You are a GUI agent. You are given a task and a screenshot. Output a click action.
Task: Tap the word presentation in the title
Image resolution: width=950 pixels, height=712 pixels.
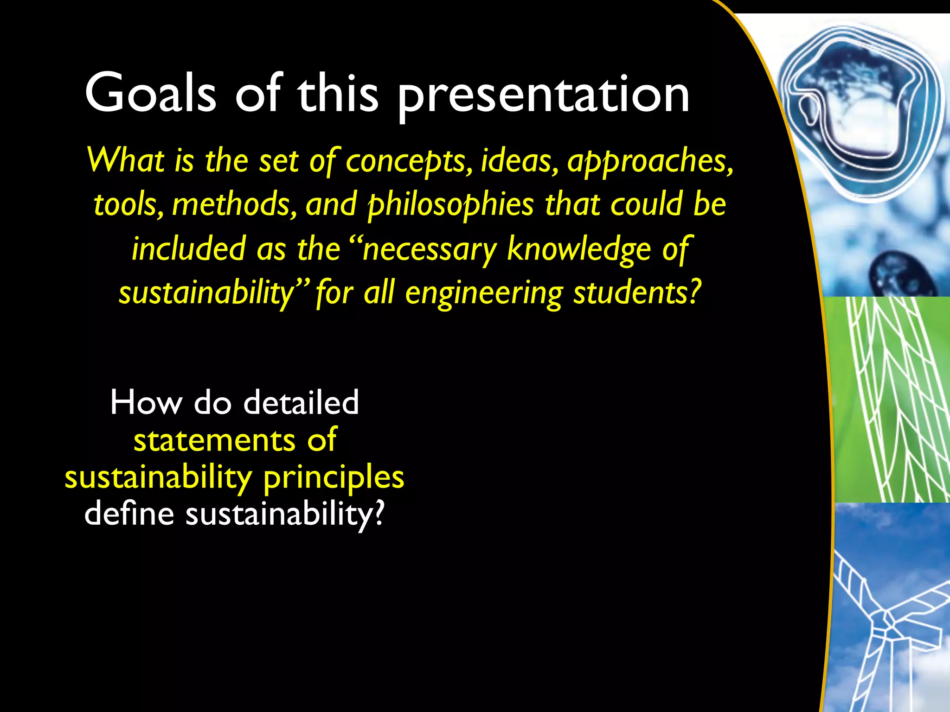click(543, 96)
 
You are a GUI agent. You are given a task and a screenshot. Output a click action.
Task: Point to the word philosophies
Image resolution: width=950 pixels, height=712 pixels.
click(450, 205)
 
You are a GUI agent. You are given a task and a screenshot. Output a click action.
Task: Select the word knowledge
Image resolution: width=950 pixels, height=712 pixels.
click(579, 249)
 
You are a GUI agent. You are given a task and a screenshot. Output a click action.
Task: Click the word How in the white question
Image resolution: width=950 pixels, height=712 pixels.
click(146, 402)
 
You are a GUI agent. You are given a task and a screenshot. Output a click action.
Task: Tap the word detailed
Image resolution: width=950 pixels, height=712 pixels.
click(301, 402)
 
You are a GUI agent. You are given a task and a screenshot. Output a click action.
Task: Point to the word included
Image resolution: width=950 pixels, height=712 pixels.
click(188, 249)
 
